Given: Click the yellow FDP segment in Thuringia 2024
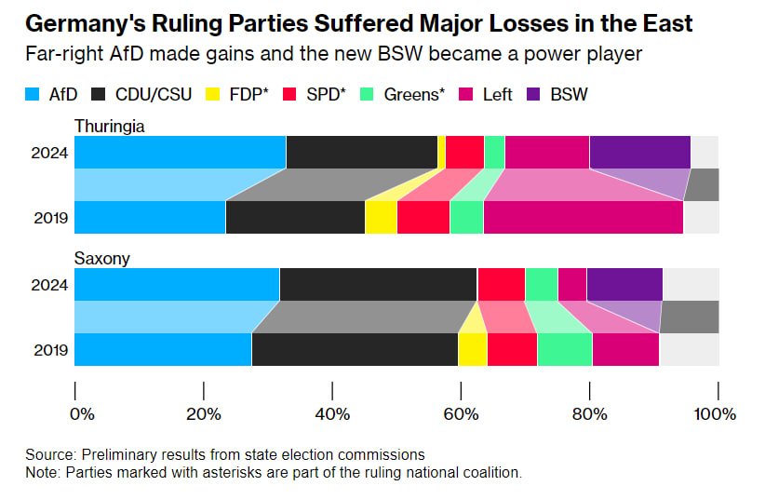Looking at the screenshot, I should point(441,152).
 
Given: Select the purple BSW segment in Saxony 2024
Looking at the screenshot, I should point(624,284).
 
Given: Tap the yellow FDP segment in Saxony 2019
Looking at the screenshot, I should point(473,349).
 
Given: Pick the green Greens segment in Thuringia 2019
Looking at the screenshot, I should point(466,217).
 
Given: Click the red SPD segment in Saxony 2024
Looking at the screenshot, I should point(501,284).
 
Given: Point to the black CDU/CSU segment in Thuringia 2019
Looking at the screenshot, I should point(295,217).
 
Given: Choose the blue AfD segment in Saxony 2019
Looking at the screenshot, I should point(163,349).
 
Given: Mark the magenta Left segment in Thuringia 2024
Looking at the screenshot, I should point(546,152).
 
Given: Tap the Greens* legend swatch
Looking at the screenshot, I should point(368,93).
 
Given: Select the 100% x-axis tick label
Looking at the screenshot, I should point(716,413).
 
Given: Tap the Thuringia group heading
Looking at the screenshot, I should point(110,125).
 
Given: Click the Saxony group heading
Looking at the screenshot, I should point(101,257).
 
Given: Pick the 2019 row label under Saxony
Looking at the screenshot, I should point(51,350).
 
